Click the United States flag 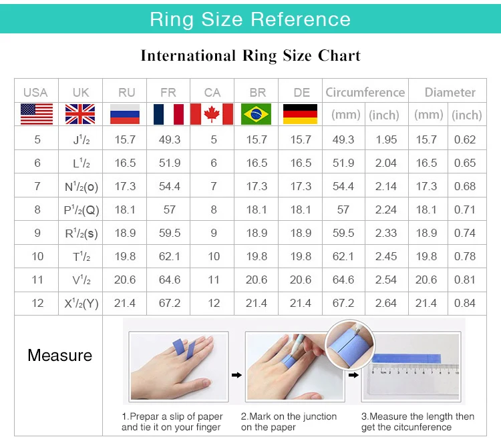37,114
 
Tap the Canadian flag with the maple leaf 212,114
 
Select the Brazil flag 257,114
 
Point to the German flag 301,114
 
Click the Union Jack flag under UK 80,114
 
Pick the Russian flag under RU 125,114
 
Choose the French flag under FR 168,114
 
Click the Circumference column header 365,92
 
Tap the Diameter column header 450,92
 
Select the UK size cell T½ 81,256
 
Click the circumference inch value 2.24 386,209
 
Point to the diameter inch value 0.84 465,303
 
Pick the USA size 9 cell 37,233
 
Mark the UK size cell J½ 81,139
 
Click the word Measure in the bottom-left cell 59,356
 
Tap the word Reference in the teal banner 301,19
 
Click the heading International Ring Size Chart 251,56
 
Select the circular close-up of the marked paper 349,344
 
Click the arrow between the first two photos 236,375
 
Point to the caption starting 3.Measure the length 417,422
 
